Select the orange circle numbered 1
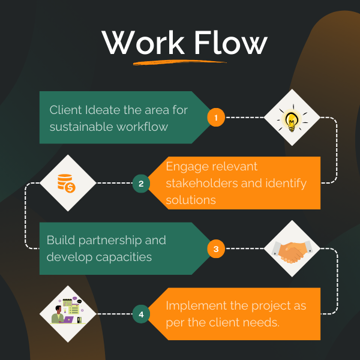coord(216,117)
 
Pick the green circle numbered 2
coord(141,184)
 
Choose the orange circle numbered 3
coord(216,248)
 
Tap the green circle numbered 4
coord(141,314)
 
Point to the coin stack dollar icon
coord(67,183)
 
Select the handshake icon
coord(292,248)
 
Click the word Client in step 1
coord(66,110)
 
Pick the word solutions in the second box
coord(191,199)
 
